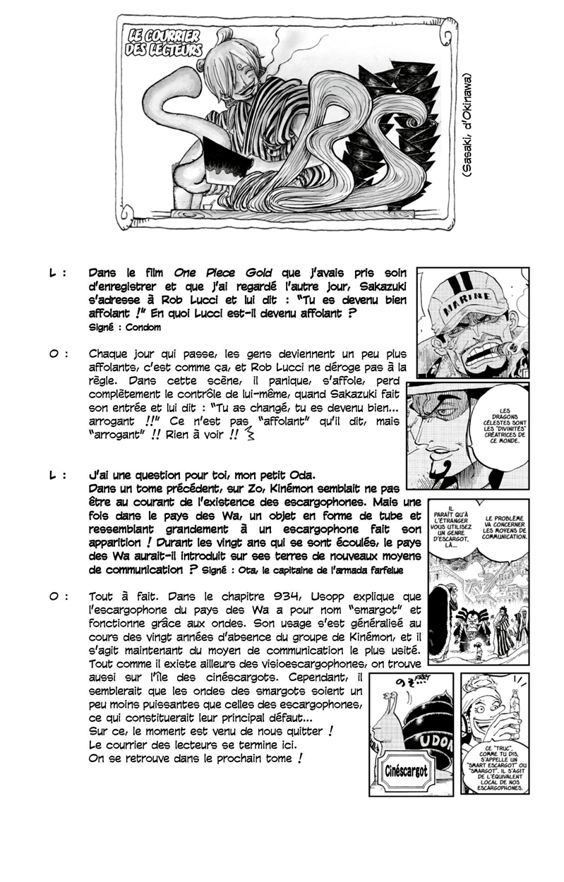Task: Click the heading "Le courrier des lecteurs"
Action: (x=163, y=43)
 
